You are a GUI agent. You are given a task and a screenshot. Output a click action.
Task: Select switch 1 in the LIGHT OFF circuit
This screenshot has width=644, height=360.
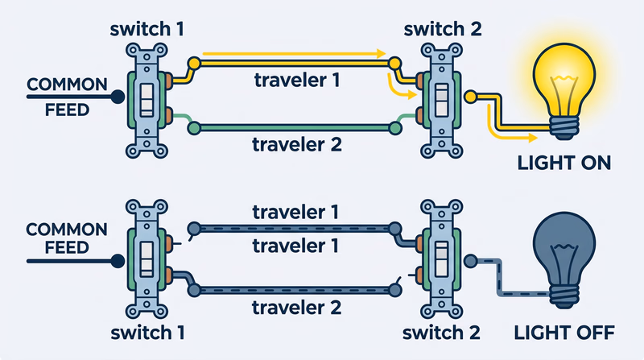pos(148,259)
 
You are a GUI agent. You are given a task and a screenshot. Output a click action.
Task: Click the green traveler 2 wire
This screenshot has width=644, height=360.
pos(294,126)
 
